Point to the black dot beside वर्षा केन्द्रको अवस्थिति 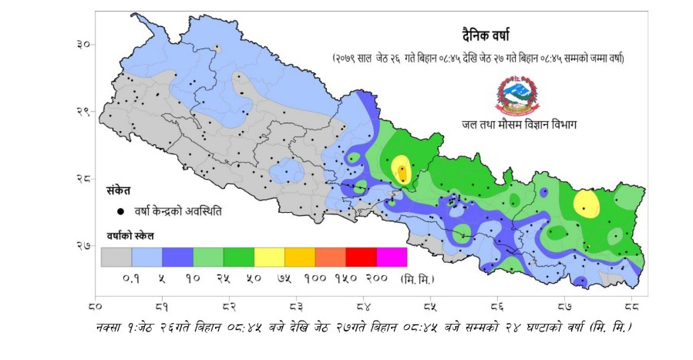click(x=120, y=210)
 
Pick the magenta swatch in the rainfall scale click(x=391, y=257)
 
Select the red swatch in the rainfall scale click(x=361, y=257)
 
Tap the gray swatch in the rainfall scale click(x=116, y=257)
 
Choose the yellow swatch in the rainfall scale click(x=269, y=257)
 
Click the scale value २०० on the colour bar click(x=375, y=277)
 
